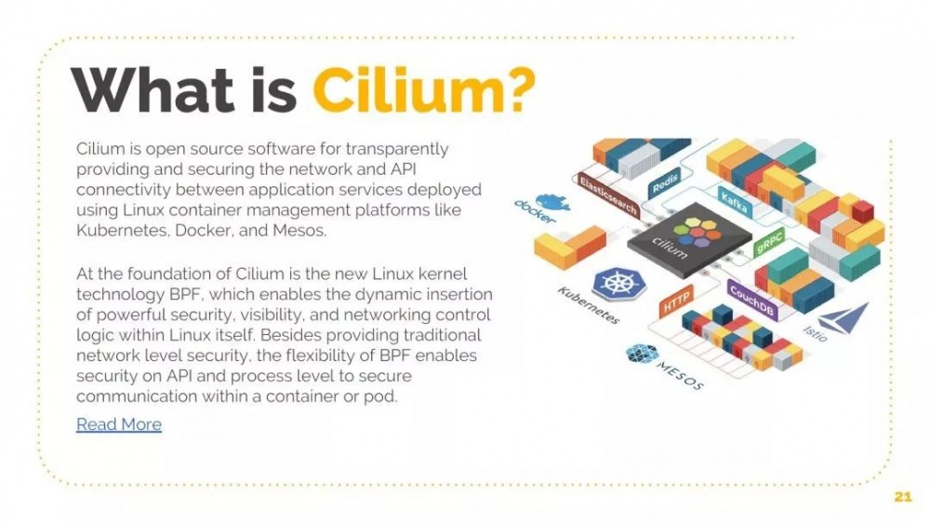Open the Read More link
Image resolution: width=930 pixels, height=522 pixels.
[119, 424]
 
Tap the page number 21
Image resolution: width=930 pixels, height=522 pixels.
[902, 497]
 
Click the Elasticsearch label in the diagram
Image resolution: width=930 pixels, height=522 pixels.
[608, 194]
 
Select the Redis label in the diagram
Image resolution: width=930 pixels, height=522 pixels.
[666, 181]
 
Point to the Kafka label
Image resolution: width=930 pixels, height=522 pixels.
[735, 199]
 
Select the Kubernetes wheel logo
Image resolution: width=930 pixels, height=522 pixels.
[612, 284]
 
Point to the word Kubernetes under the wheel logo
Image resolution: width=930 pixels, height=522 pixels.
[589, 305]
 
